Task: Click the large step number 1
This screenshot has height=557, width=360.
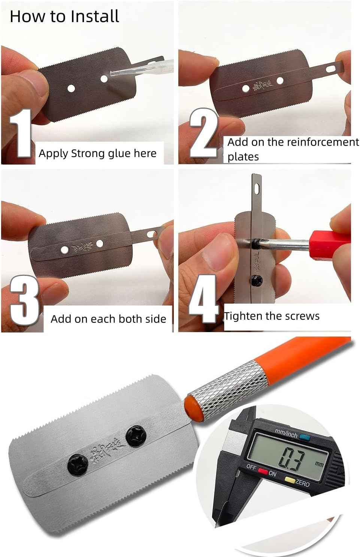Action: click(x=20, y=134)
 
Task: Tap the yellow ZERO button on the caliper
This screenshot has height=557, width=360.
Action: click(x=289, y=479)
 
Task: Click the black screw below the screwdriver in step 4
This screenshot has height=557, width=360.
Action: click(x=257, y=279)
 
